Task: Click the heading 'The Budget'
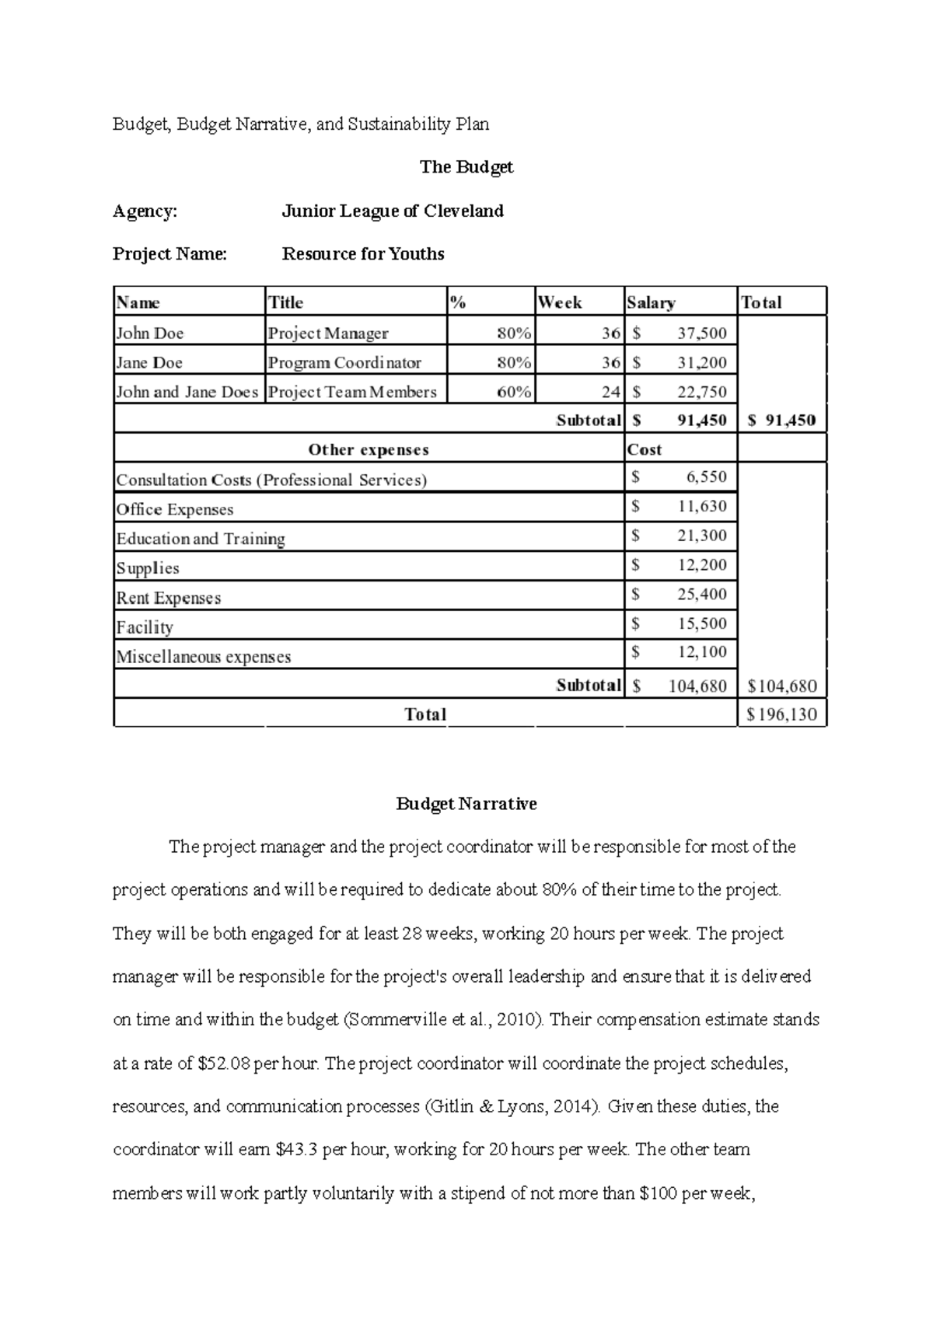point(466,167)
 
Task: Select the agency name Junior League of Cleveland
point(393,211)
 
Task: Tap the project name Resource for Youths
point(363,254)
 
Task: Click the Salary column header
point(651,302)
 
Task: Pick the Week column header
point(560,302)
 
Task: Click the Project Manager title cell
point(328,333)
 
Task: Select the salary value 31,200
point(701,362)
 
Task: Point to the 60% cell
point(514,392)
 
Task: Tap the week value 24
point(610,392)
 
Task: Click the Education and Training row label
point(201,539)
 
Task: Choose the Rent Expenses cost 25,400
point(701,595)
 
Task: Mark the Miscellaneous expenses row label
point(204,657)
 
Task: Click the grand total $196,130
point(781,714)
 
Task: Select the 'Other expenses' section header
point(369,449)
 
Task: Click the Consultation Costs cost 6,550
point(705,477)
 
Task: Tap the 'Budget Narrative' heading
point(466,804)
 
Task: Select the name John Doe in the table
point(150,333)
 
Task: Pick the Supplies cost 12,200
point(701,565)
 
